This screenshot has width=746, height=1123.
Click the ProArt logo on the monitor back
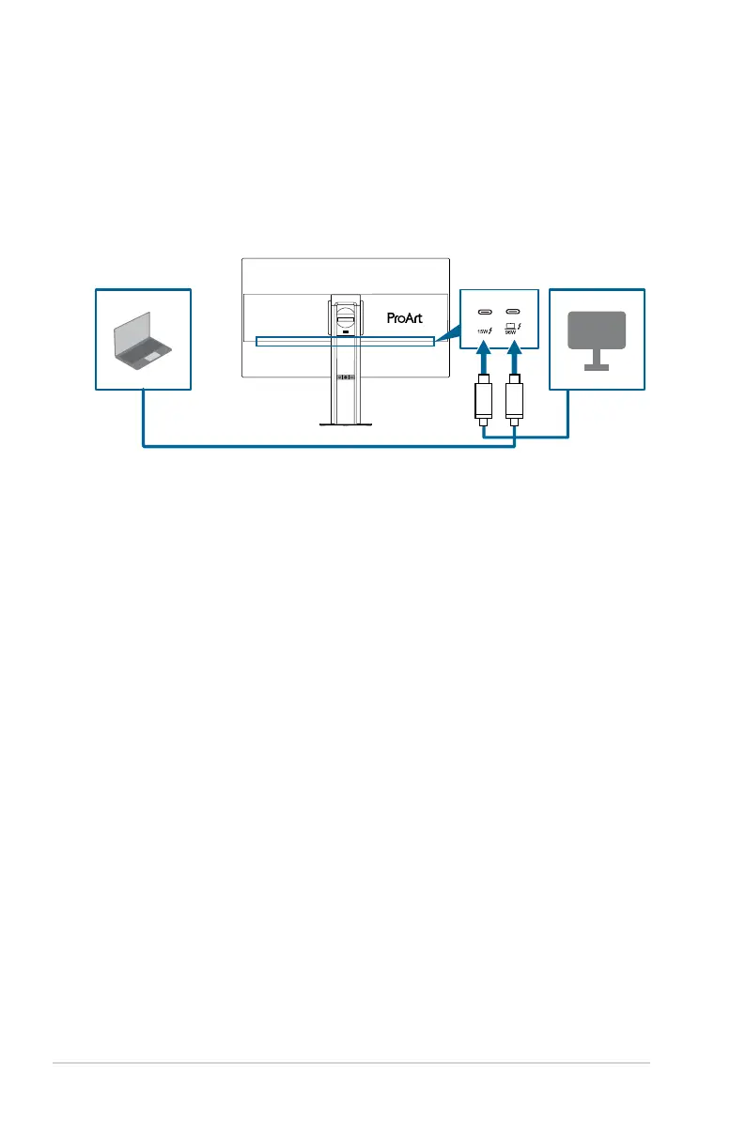pos(405,317)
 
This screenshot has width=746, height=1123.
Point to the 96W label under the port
pos(511,331)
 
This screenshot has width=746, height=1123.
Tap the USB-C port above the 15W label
pos(486,312)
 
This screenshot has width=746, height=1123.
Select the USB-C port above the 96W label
pos(514,312)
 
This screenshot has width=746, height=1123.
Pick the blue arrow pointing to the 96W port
pos(514,360)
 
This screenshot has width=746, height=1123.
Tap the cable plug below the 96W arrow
pos(514,402)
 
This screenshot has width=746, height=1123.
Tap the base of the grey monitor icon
pos(597,368)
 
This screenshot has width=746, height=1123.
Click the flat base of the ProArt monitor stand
pos(346,424)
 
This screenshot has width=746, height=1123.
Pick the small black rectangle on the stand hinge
pos(345,331)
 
